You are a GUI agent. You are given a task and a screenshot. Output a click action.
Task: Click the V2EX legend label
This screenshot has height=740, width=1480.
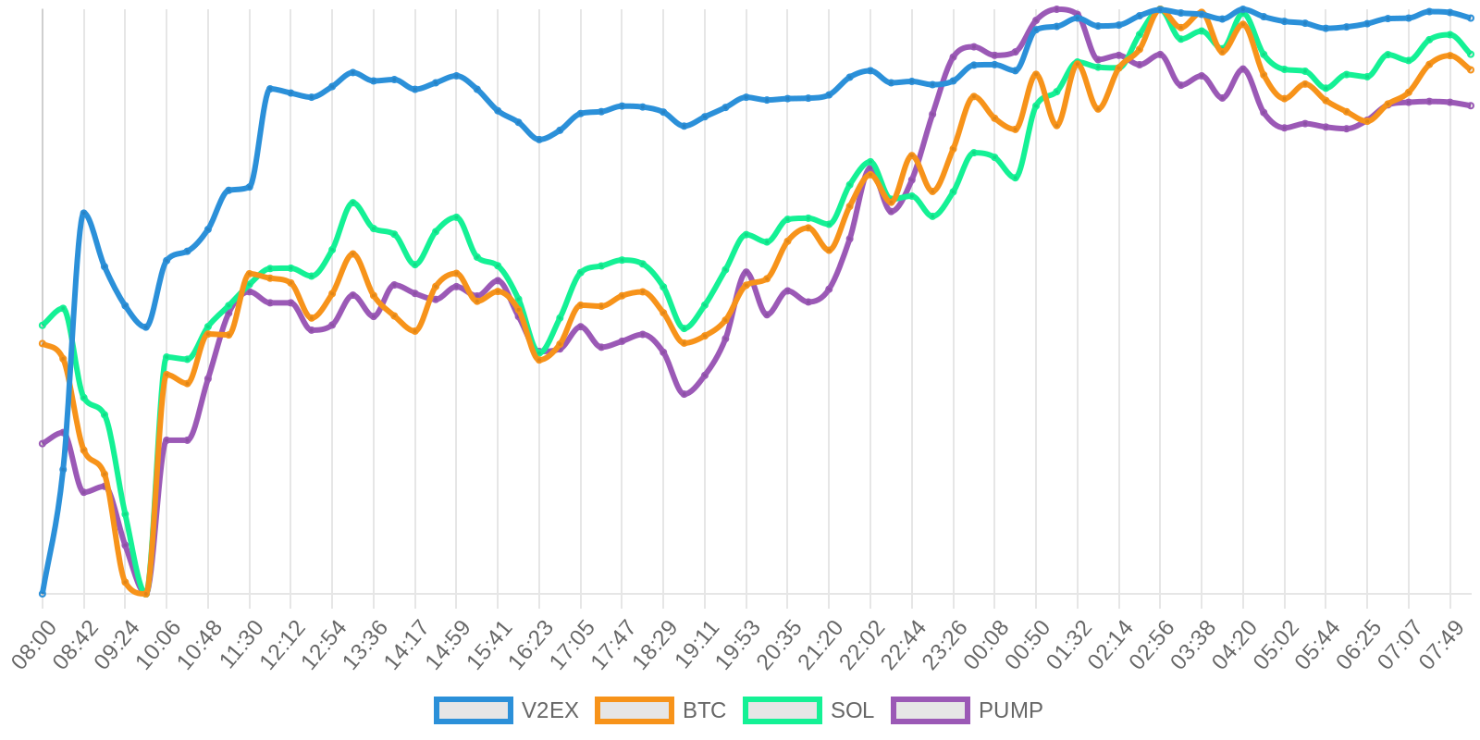(x=549, y=710)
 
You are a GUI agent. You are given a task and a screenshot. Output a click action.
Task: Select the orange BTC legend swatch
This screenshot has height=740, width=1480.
(x=635, y=710)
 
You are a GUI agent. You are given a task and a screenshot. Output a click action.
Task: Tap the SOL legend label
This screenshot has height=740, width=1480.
(x=852, y=710)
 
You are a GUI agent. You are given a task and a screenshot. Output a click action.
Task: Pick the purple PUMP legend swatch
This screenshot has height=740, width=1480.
(x=931, y=710)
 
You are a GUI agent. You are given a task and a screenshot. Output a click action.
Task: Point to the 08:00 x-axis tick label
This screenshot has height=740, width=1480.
(x=34, y=645)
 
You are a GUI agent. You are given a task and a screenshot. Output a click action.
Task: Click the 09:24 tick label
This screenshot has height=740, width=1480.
(x=117, y=645)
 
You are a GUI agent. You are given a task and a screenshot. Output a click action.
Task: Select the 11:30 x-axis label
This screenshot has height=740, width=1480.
(x=241, y=645)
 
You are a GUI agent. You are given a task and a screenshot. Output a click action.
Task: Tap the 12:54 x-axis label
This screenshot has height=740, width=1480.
(x=324, y=645)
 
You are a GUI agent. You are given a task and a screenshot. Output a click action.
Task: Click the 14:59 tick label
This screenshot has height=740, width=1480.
(x=448, y=645)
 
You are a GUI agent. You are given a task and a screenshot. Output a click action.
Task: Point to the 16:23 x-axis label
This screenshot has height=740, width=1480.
(x=531, y=645)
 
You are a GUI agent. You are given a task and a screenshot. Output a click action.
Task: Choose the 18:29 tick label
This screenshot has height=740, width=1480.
(x=655, y=645)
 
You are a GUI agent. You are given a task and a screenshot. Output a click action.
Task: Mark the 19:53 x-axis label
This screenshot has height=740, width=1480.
(x=738, y=645)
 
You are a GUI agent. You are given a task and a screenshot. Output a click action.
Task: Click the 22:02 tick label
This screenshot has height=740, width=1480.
(x=862, y=645)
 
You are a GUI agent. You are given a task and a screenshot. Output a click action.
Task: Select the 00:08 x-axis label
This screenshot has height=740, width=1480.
(x=986, y=645)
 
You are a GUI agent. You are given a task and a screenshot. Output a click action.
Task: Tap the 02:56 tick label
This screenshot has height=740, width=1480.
(x=1152, y=645)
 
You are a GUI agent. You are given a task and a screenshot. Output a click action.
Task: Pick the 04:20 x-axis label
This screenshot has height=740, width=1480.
(x=1235, y=645)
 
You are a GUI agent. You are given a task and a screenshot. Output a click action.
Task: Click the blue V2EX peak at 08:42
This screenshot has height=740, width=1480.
(x=84, y=213)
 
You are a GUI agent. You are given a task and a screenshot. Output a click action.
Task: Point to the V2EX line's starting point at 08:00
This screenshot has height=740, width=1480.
(x=43, y=593)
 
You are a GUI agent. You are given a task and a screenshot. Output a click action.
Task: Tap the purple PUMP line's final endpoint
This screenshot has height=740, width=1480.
(x=1471, y=105)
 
